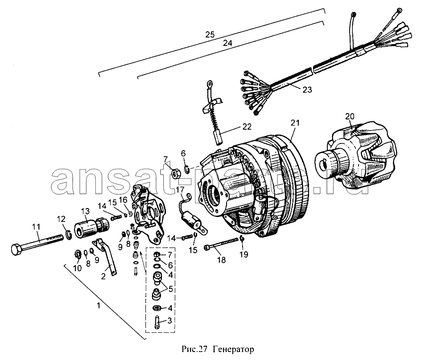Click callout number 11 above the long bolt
pos(36,227)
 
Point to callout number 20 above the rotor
pos(350,116)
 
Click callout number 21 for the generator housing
pos(295,123)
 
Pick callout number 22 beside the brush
pos(247,127)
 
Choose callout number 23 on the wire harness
pos(307,90)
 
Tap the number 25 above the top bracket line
pos(210,34)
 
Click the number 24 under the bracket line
pos(227,43)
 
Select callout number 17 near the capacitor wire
pos(180,190)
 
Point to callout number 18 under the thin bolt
pos(221,260)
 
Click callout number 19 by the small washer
pos(244,254)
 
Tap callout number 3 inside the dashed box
pos(169,320)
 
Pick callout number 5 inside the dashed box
pos(170,289)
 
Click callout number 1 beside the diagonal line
pos(99,305)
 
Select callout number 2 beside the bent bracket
pos(103,276)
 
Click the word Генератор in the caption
pos(233,349)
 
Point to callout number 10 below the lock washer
pos(77,268)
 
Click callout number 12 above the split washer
pos(61,219)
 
